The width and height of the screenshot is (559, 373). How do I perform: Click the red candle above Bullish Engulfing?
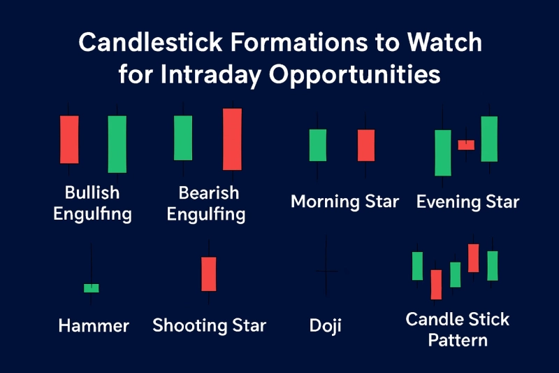69,139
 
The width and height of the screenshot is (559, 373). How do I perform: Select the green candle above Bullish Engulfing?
117,144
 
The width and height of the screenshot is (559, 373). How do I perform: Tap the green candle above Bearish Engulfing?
183,138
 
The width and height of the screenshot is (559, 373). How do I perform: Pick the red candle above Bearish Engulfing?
232,139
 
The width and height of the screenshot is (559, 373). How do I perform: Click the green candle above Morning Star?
317,145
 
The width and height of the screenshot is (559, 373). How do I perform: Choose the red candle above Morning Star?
366,145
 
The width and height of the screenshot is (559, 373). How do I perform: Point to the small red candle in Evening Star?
466,145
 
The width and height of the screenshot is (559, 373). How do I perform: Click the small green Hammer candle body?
92,288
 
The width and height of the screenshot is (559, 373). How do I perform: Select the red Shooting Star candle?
209,274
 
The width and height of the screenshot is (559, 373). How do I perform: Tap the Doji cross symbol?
326,271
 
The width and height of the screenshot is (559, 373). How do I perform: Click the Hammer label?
94,325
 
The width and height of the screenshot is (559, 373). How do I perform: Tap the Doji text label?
326,325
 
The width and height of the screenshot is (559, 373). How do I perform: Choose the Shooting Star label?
209,325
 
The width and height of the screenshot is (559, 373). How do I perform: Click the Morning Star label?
344,202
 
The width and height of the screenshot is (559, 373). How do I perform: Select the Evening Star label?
467,202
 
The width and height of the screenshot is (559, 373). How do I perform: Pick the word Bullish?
92,192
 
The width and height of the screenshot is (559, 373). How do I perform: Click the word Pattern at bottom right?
458,341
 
